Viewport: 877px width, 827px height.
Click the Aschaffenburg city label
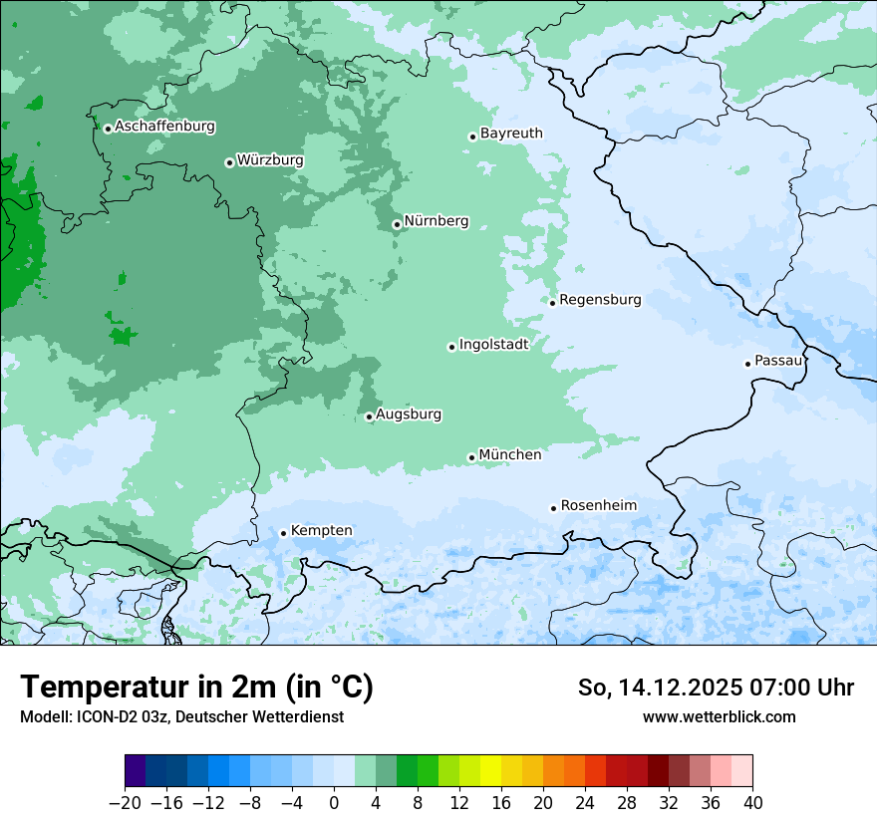(164, 127)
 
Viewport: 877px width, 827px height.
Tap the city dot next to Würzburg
(229, 162)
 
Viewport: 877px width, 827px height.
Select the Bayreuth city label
(511, 133)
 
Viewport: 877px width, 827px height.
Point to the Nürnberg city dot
(397, 224)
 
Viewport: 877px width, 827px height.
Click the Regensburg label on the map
(600, 299)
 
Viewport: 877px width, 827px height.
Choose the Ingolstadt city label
(493, 344)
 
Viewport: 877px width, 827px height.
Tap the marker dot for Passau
(747, 364)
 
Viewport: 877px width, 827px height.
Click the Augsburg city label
(409, 413)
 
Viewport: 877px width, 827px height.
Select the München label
(510, 454)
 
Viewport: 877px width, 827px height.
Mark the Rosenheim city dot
(553, 508)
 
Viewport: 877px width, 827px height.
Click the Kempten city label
(321, 530)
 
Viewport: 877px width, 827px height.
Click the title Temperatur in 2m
(196, 688)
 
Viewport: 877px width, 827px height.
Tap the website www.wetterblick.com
(719, 716)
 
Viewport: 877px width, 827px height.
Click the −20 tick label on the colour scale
(125, 802)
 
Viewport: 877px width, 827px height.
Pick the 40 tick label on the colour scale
(752, 802)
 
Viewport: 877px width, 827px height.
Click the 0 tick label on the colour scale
(334, 802)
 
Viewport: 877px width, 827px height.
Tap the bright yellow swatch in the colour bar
(490, 771)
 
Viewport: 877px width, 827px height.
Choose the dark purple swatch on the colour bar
(135, 771)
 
